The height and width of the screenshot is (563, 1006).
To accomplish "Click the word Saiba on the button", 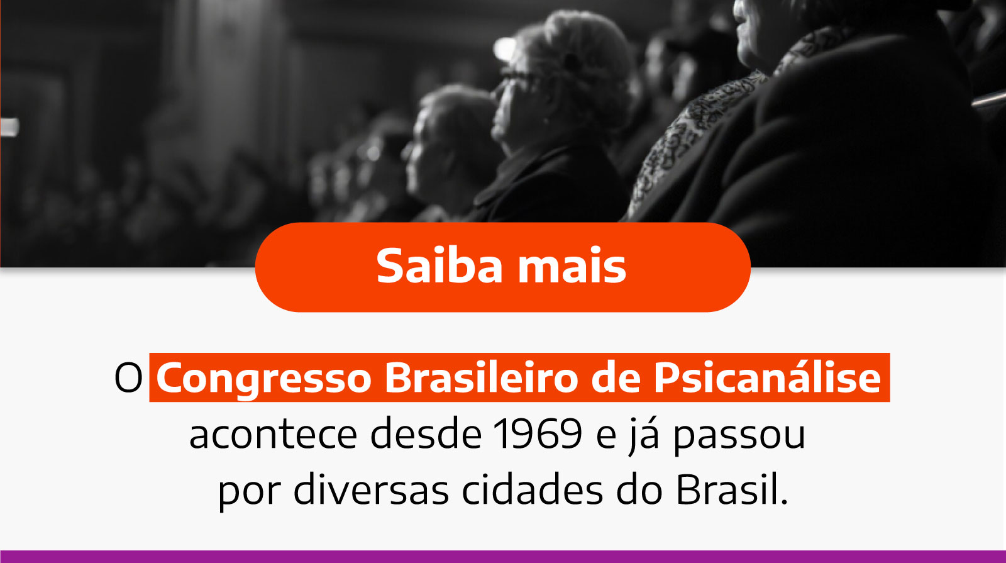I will (x=440, y=266).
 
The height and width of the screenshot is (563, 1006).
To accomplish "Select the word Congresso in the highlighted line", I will (x=264, y=378).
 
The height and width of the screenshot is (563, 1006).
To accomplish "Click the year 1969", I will (x=538, y=434).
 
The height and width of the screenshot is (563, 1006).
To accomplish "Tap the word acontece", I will (x=273, y=434).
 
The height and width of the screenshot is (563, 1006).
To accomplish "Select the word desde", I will (x=426, y=434).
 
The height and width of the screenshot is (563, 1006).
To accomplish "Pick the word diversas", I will (x=371, y=490).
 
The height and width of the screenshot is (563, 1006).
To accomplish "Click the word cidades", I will (x=533, y=490).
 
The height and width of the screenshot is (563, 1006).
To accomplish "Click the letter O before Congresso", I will (x=128, y=378).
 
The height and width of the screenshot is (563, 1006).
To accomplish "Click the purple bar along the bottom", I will (x=503, y=557).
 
